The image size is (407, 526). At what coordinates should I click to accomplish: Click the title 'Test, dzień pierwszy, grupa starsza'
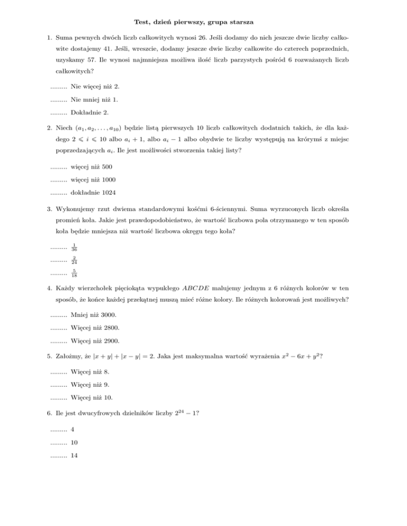pyautogui.click(x=203, y=22)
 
